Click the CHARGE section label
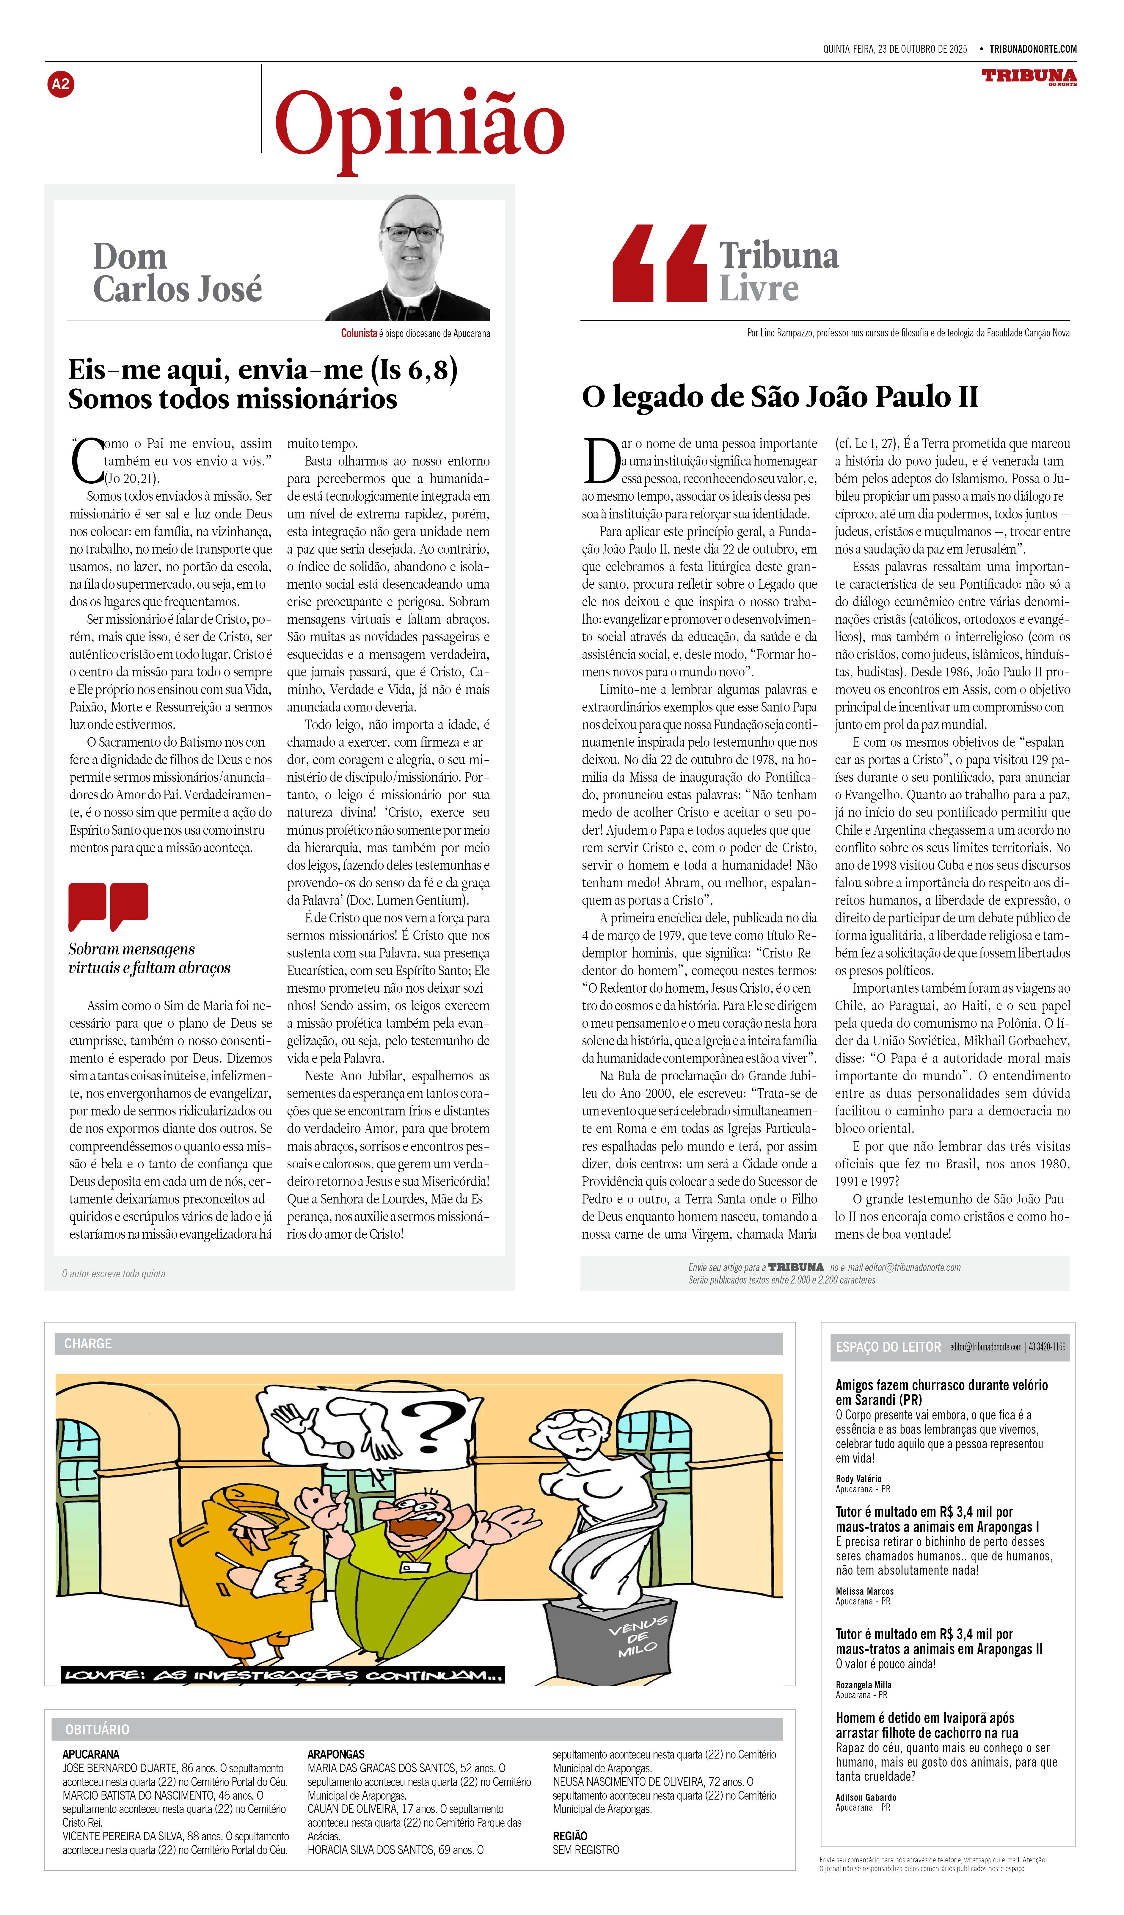point(88,1344)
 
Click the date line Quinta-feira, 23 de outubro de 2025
point(895,49)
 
